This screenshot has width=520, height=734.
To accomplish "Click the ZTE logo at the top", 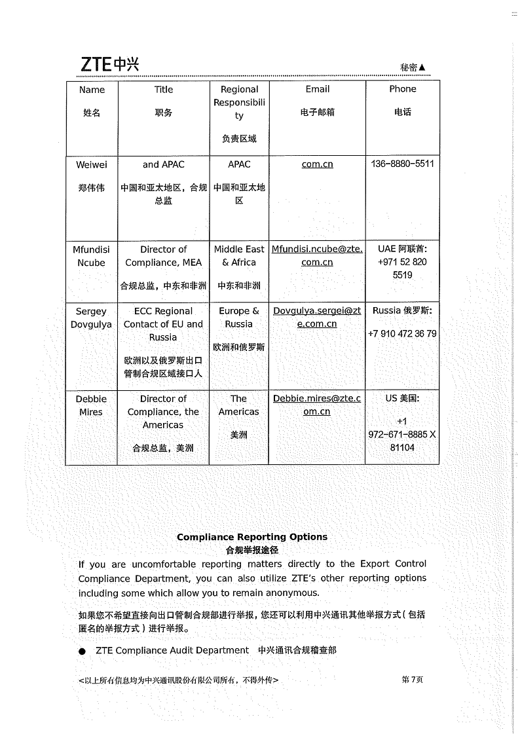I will pos(109,64).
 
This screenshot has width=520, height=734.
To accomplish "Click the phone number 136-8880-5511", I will pos(402,164).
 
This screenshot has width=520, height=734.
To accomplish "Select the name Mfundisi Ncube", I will pos(91,256).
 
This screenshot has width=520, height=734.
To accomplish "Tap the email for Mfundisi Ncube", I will pos(317,255).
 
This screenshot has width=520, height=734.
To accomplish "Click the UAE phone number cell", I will pos(402,262).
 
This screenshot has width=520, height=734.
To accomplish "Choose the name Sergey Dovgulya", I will pos(91,318).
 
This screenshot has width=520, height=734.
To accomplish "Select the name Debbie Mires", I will pos(91,405).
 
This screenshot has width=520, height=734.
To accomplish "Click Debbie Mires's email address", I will pos(317,405).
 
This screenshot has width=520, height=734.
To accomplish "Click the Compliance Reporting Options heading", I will pos(252,537).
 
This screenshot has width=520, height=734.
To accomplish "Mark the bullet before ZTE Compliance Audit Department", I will pos(82,651).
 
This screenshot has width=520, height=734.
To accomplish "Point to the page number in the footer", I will pos(412,680).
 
